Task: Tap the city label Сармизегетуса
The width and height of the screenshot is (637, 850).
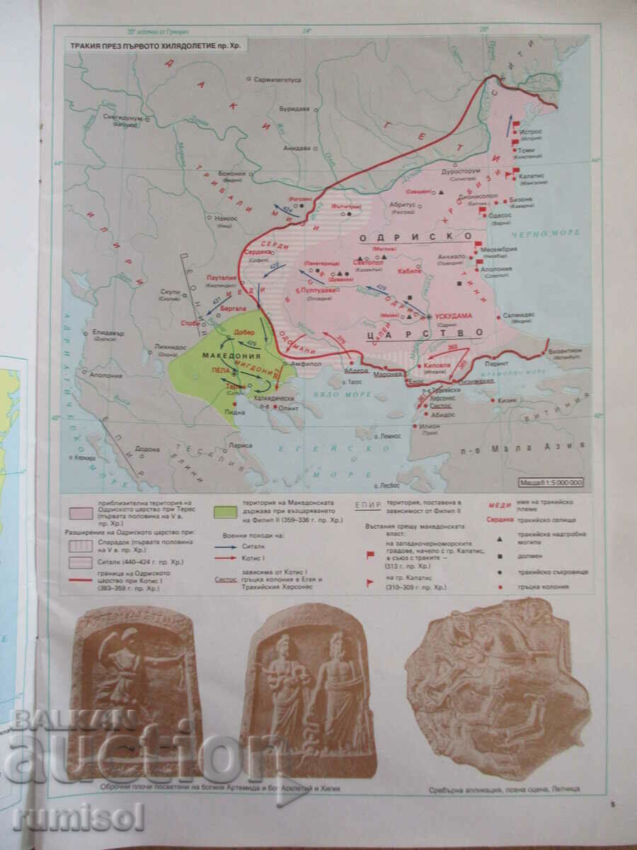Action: [x=277, y=80]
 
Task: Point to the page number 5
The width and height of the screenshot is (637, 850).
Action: [x=613, y=803]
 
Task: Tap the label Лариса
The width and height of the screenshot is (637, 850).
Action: [x=240, y=446]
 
